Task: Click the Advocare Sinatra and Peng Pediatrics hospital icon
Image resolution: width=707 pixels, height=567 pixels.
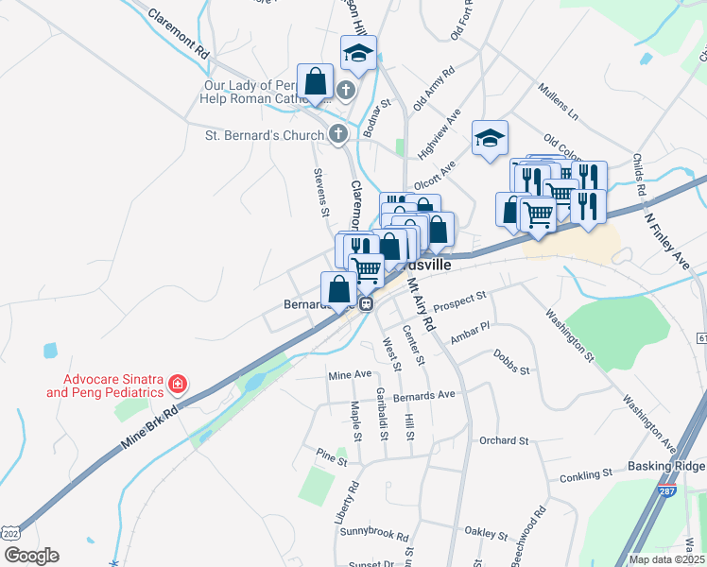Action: pos(177,384)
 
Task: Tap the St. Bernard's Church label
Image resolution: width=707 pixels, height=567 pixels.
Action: pos(265,135)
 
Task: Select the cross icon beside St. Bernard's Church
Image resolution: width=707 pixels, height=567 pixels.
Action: pos(338,134)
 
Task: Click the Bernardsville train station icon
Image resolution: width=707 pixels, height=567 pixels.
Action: pos(366,304)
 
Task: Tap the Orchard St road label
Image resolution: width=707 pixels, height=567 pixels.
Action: pos(503,440)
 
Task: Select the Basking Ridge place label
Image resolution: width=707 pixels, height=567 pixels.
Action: pos(666,467)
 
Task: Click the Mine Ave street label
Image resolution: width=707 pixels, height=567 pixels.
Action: pos(350,375)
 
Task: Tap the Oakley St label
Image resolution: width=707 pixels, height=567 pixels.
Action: pos(488,534)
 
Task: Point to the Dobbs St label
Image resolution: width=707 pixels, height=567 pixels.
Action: pos(511,363)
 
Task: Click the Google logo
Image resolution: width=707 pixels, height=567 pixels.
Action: pos(30,556)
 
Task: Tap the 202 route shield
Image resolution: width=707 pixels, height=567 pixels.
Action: pos(9,533)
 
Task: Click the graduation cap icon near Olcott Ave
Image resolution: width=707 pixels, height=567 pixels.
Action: pos(491,139)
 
